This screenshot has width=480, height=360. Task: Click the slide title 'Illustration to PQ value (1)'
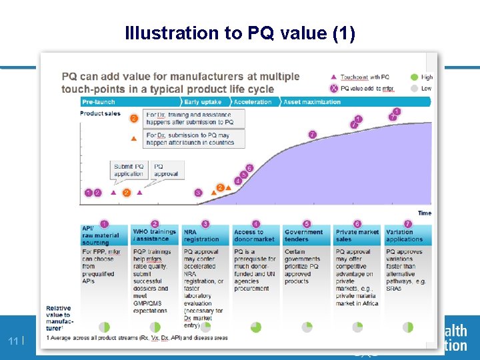click(x=240, y=33)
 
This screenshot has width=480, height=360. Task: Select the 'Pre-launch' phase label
click(x=99, y=102)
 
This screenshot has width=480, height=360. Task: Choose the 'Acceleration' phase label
click(x=253, y=102)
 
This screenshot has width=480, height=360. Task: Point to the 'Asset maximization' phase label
click(x=312, y=102)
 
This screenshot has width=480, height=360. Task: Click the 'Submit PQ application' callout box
click(x=128, y=170)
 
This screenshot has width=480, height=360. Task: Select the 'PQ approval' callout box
click(x=166, y=170)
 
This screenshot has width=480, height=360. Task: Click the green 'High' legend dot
click(x=414, y=77)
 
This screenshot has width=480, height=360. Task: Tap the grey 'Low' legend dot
click(x=414, y=88)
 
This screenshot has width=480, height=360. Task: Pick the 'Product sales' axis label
click(x=100, y=113)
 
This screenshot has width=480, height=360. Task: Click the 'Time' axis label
click(x=424, y=213)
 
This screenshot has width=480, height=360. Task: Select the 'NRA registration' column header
click(x=201, y=235)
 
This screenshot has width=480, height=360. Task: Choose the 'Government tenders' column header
click(x=303, y=235)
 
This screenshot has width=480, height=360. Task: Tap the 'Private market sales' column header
click(x=357, y=235)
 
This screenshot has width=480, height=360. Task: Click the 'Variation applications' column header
click(x=404, y=235)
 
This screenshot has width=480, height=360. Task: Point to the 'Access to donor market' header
click(x=254, y=235)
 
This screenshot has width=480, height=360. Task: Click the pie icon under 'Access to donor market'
click(x=256, y=327)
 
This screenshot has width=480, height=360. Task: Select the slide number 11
click(x=13, y=342)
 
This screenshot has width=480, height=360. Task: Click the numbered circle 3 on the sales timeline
click(x=198, y=193)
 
